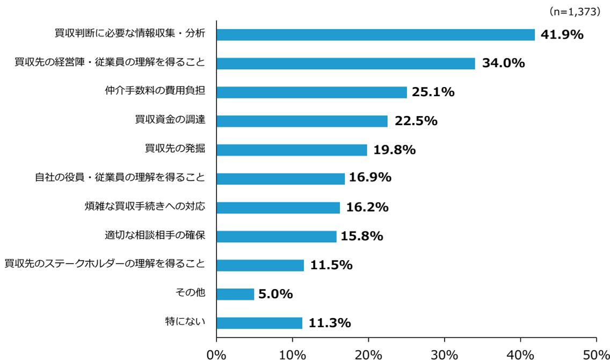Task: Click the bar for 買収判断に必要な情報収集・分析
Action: point(375,35)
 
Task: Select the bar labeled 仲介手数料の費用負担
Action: point(311,92)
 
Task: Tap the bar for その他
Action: point(235,294)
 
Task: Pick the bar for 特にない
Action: point(259,323)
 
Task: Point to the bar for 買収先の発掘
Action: point(292,150)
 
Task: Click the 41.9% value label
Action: point(562,35)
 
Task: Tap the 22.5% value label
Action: point(415,121)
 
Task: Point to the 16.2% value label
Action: point(366,207)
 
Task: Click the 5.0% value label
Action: point(275,294)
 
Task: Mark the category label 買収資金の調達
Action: point(170,120)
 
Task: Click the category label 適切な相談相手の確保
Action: point(155,235)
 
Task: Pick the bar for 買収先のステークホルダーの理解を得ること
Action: point(260,265)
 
